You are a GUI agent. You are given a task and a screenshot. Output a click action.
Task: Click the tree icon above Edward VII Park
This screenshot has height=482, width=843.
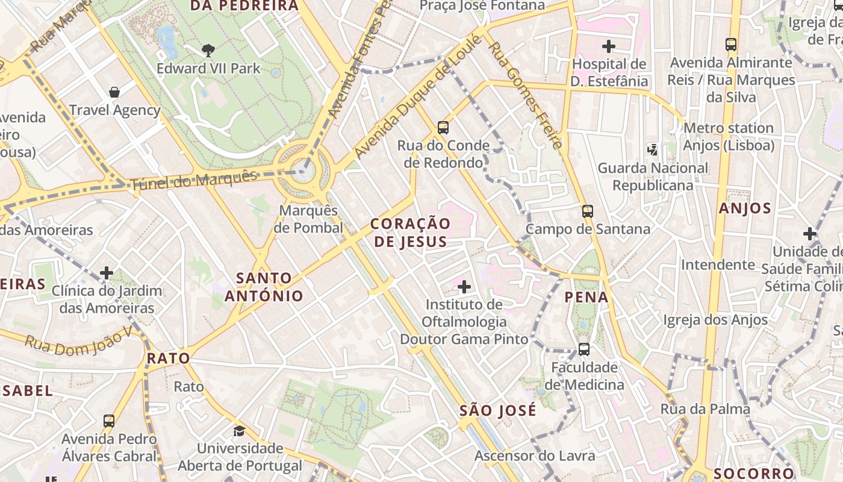208,50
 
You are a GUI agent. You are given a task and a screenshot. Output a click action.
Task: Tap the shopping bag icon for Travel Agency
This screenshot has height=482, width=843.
114,92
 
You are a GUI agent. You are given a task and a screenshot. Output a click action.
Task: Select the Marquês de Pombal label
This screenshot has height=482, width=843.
308,219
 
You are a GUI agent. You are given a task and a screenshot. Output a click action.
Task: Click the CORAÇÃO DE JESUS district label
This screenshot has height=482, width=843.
411,233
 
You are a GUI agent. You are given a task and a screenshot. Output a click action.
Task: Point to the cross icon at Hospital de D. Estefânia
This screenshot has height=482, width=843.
609,46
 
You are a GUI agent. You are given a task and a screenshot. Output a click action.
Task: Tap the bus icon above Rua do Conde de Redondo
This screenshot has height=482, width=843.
443,127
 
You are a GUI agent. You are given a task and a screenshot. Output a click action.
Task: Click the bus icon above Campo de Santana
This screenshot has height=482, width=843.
588,211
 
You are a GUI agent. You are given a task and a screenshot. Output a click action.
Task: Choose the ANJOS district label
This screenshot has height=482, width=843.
745,208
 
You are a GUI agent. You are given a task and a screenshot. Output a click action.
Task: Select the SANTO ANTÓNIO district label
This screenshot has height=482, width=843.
264,287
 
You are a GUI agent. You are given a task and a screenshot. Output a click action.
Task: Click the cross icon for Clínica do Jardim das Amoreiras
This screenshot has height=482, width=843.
107,273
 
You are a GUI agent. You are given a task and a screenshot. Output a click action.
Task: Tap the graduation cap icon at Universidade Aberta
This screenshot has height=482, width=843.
240,431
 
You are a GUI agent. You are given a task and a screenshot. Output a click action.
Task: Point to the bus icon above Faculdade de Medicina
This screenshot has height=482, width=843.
584,349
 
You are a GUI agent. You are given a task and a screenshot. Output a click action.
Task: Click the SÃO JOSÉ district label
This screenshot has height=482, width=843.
497,411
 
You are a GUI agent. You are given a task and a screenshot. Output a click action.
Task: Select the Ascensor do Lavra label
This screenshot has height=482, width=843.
535,456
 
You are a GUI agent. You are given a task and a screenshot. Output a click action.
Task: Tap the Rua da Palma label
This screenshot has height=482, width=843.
705,409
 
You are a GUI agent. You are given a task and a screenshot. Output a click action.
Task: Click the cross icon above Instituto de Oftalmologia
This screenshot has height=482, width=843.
464,286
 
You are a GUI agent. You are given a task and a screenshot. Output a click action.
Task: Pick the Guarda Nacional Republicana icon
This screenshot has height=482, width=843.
652,148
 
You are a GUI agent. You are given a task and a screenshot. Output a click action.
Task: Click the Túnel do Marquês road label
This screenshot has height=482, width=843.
194,180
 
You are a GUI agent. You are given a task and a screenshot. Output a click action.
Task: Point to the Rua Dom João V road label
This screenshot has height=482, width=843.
78,343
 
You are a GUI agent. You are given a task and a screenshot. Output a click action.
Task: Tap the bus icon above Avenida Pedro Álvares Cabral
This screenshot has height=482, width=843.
109,421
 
